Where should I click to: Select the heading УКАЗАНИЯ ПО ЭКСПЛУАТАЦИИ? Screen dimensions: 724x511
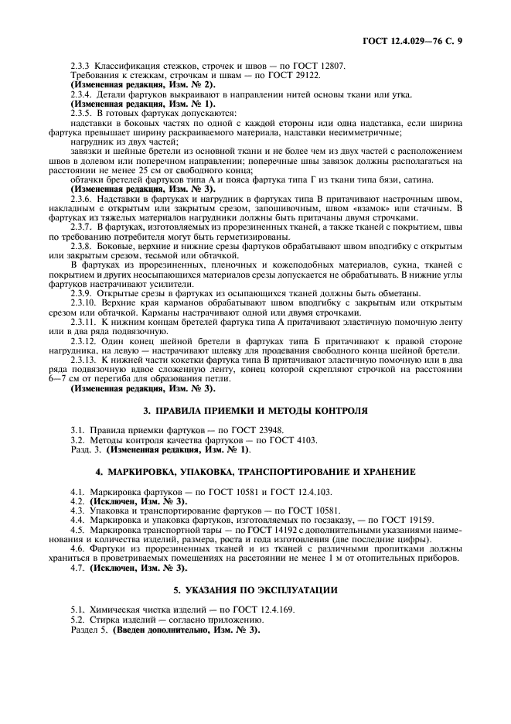pyautogui.click(x=254, y=590)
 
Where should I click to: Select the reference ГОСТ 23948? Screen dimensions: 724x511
pyautogui.click(x=257, y=429)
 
